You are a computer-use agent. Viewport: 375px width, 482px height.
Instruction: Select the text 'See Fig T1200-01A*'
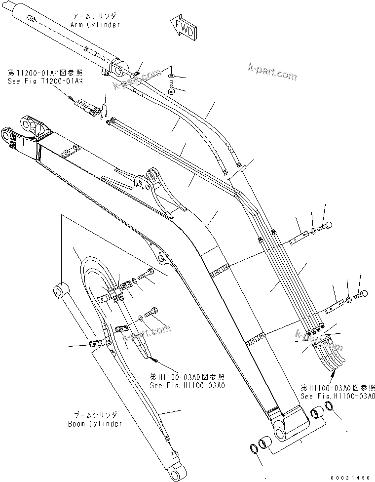point(40,82)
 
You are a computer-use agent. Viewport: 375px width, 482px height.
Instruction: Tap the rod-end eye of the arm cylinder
point(118,69)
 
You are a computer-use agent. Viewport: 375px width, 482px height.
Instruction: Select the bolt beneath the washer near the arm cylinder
point(171,90)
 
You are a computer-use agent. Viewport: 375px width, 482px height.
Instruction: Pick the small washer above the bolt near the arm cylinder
point(170,75)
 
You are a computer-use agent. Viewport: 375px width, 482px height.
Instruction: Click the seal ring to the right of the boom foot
point(332,411)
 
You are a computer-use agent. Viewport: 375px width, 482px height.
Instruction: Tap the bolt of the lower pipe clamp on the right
point(361,295)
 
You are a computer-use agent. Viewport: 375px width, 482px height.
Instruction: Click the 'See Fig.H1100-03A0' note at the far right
point(337,396)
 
